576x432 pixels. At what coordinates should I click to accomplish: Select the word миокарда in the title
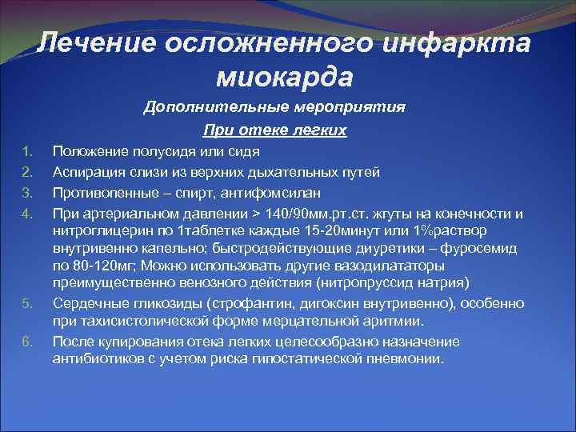tap(284, 78)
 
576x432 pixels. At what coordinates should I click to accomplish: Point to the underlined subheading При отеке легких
tap(275, 130)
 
